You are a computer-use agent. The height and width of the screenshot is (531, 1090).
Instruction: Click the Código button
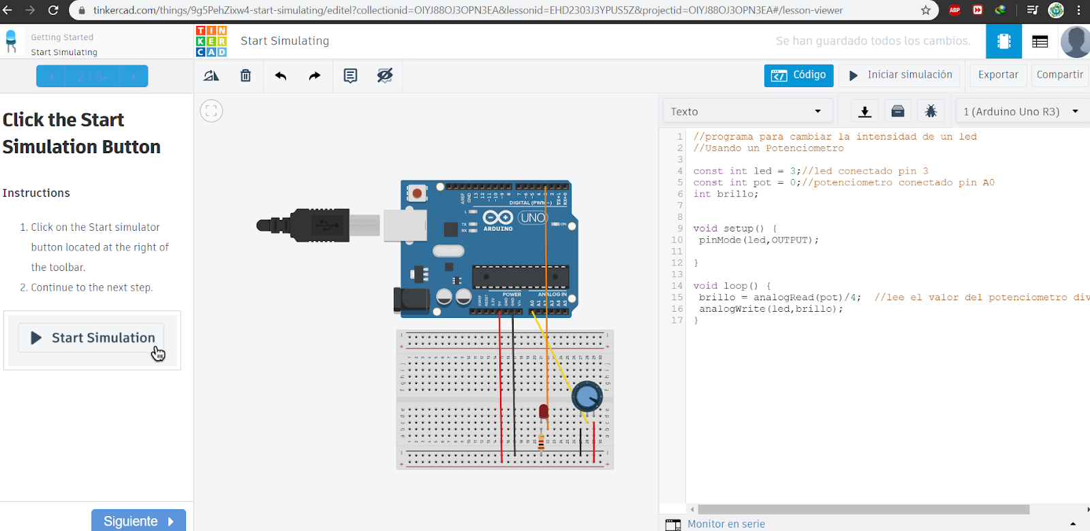pyautogui.click(x=798, y=75)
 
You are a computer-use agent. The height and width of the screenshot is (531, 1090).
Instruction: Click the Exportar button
pyautogui.click(x=998, y=75)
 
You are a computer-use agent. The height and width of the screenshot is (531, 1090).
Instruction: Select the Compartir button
pyautogui.click(x=1059, y=75)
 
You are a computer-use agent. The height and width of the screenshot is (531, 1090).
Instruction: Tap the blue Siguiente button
pyautogui.click(x=138, y=521)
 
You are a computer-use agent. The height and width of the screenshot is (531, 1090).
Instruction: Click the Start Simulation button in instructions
pyautogui.click(x=93, y=338)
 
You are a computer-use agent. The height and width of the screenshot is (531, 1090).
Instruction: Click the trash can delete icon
pyautogui.click(x=246, y=76)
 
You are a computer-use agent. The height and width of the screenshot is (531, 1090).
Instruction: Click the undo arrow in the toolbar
pyautogui.click(x=281, y=76)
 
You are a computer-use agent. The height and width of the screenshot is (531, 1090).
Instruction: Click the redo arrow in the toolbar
pyautogui.click(x=314, y=76)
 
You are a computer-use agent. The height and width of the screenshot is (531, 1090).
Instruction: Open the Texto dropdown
pyautogui.click(x=745, y=112)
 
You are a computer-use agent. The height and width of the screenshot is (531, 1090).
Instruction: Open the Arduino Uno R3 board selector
pyautogui.click(x=1020, y=112)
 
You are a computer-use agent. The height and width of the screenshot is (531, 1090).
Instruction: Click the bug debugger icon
pyautogui.click(x=931, y=112)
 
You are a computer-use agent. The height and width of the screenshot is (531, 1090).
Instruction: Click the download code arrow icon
pyautogui.click(x=865, y=112)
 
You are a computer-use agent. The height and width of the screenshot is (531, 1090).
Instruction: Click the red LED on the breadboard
pyautogui.click(x=543, y=411)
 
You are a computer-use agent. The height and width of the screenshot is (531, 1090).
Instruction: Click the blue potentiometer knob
pyautogui.click(x=587, y=396)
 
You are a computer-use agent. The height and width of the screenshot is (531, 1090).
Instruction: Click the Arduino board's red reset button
pyautogui.click(x=417, y=194)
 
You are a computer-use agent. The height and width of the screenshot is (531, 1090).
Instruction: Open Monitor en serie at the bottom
pyautogui.click(x=726, y=524)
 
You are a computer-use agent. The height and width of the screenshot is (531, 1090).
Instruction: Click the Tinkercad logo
pyautogui.click(x=211, y=41)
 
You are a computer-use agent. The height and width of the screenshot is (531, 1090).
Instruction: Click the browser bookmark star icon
pyautogui.click(x=925, y=10)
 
